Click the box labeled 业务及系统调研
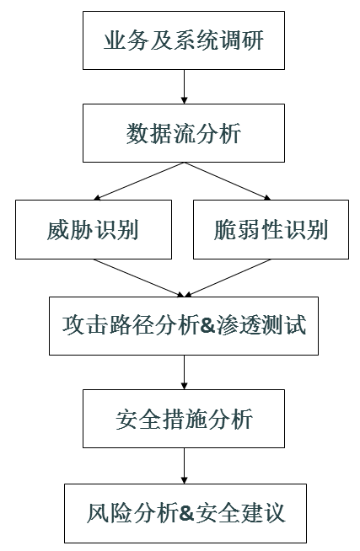tap(184, 40)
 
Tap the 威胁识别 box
tap(94, 229)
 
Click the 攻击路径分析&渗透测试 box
tap(184, 325)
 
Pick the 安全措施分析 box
tap(184, 420)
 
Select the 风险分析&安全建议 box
tap(184, 512)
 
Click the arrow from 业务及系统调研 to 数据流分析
tap(184, 88)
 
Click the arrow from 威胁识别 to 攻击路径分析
tap(139, 277)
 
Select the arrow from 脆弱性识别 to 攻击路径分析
tap(228, 277)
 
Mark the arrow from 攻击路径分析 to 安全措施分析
tap(184, 372)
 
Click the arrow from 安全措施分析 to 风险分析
tap(184, 466)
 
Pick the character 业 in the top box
tap(116, 40)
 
